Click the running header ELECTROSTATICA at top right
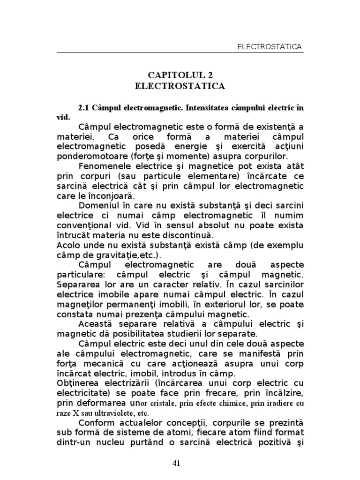270,46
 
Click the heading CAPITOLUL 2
180,75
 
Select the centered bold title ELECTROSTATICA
180,86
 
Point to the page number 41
177,463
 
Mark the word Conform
97,422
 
